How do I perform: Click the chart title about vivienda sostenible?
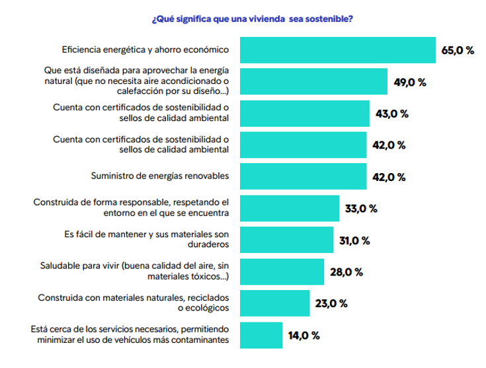[252, 18]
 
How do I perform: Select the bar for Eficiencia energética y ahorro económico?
[337, 50]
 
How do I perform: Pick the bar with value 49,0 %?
[313, 81]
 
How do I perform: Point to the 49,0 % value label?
[410, 82]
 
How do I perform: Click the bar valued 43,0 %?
[304, 113]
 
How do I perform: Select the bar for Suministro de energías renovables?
[302, 176]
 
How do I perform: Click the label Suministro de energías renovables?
[159, 176]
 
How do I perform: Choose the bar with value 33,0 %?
[289, 208]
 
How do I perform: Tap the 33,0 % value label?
[361, 209]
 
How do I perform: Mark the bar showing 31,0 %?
[286, 239]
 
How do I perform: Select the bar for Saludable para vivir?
[281, 271]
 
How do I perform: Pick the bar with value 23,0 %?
[274, 303]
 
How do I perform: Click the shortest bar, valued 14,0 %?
[261, 334]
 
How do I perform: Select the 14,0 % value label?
[304, 335]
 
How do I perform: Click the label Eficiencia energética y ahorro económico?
[145, 50]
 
